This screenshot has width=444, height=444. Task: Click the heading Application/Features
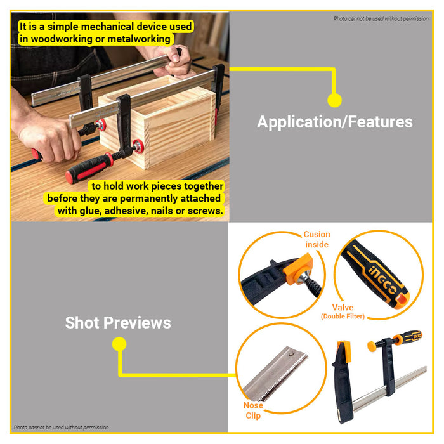(x=335, y=122)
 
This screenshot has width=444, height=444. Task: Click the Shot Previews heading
(x=118, y=323)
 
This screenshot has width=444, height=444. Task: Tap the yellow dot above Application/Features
(x=334, y=100)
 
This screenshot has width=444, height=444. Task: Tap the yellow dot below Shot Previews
(x=119, y=344)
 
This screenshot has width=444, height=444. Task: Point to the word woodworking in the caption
(x=62, y=39)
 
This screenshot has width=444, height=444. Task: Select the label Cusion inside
(x=317, y=239)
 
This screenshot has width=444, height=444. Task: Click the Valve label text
(x=343, y=307)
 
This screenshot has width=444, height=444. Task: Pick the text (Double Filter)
(x=343, y=317)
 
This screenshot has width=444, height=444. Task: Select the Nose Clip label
(x=253, y=410)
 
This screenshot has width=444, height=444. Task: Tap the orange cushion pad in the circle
(x=298, y=268)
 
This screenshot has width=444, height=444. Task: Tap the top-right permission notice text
(x=381, y=18)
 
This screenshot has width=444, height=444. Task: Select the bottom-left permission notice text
(x=61, y=427)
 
